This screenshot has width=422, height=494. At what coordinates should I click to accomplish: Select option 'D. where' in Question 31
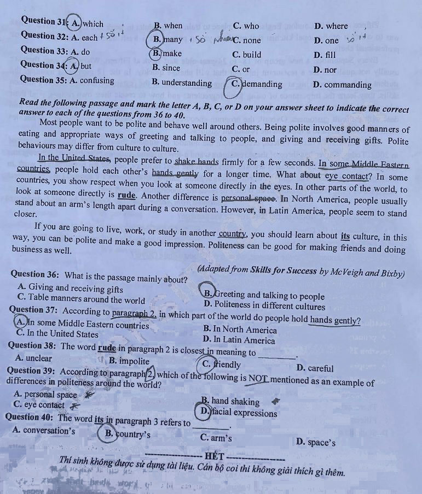pos(331,26)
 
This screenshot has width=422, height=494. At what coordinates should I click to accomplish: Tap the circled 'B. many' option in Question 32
pos(167,39)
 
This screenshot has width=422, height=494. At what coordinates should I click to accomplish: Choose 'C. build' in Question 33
pos(247,55)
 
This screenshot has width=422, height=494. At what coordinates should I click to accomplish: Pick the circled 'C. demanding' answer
pos(256,84)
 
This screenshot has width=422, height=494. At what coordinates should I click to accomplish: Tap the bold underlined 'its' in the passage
pos(345,237)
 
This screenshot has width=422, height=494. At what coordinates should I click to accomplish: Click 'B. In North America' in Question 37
pos(239,330)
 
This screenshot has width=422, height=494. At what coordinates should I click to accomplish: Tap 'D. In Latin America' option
pos(239,340)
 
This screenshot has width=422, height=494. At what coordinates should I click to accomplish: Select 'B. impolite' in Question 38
pos(129,361)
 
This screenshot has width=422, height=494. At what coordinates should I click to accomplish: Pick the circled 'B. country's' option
pos(128,435)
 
